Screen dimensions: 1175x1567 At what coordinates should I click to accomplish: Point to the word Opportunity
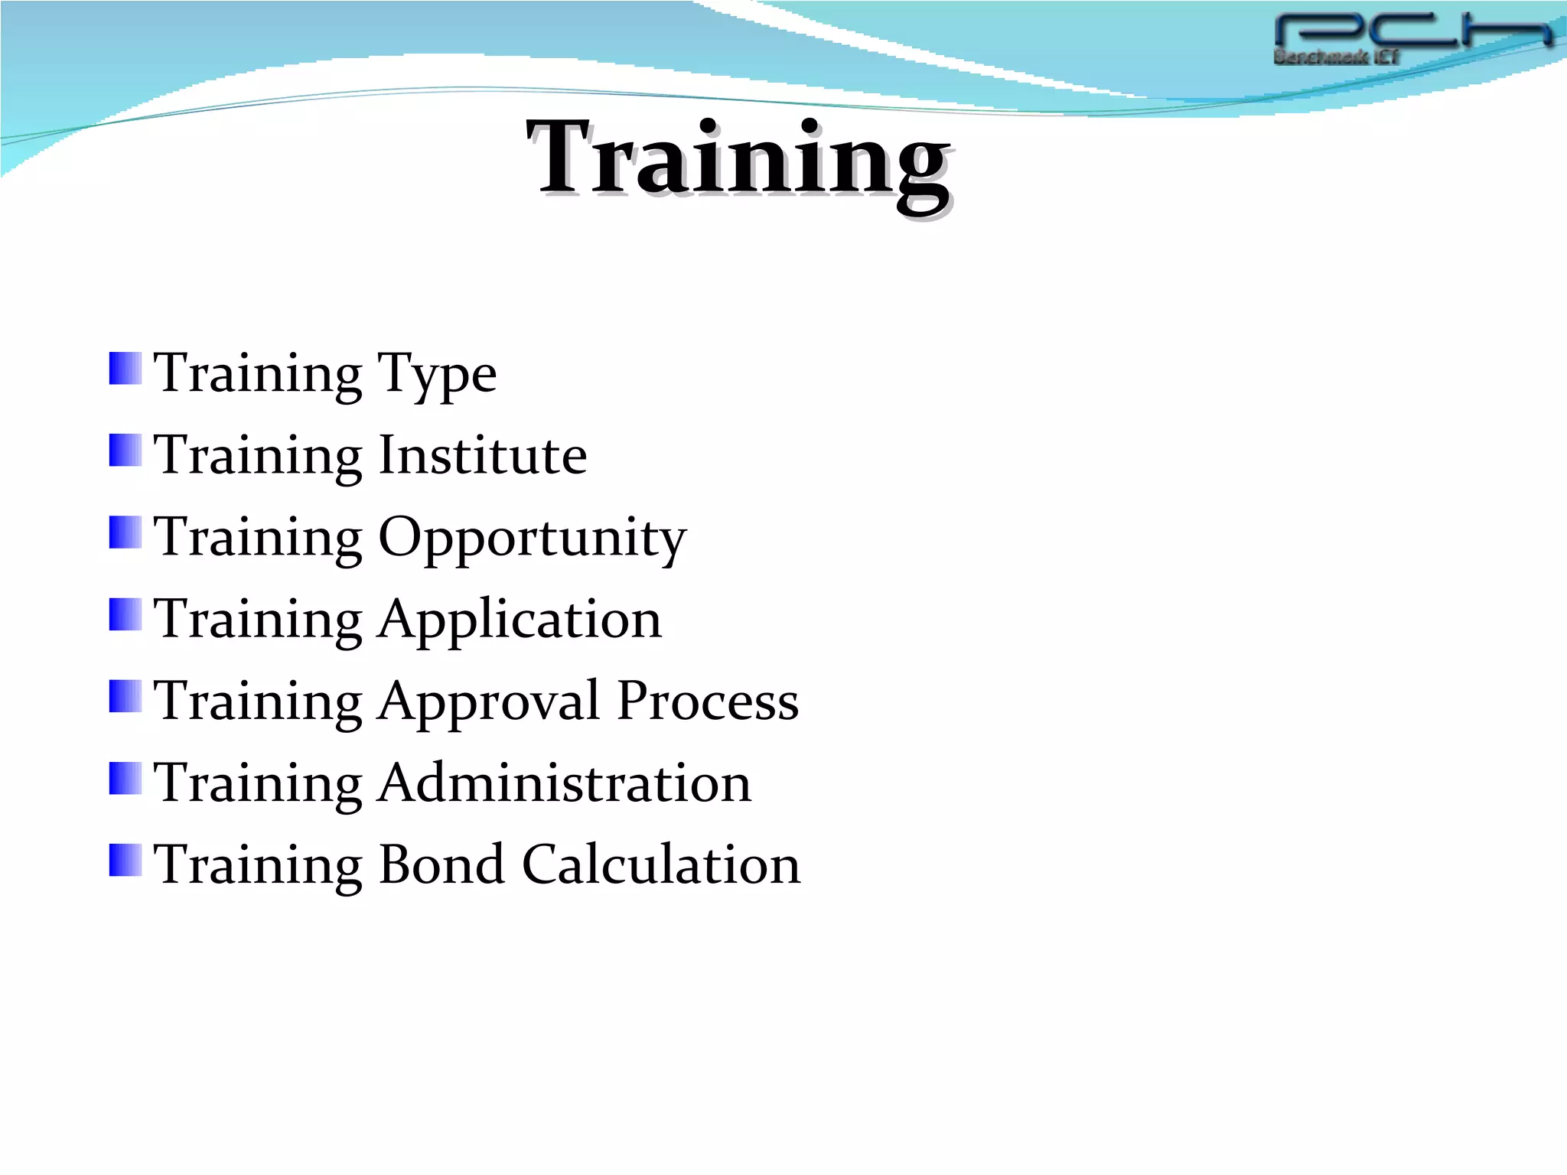coord(533,538)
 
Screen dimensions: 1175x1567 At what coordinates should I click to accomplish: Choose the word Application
coord(520,620)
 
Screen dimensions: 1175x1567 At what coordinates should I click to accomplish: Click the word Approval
coord(489,701)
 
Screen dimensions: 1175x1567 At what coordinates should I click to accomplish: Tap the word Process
coord(708,701)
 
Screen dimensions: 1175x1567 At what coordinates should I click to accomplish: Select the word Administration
coord(565,783)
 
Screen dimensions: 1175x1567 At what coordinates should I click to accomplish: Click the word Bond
coord(441,865)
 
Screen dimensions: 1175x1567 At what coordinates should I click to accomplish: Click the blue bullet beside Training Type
coord(125,369)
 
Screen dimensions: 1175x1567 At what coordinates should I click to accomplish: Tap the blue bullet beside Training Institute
coord(125,451)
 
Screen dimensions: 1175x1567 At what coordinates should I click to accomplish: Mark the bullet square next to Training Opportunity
coord(125,532)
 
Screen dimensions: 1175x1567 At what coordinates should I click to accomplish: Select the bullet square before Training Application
coord(125,614)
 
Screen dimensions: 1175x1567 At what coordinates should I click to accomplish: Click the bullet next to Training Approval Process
coord(125,696)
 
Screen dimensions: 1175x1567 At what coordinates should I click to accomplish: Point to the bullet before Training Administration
coord(125,778)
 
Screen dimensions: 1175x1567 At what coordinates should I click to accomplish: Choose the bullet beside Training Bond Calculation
coord(125,860)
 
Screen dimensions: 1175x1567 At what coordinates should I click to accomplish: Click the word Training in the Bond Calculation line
coord(258,865)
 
